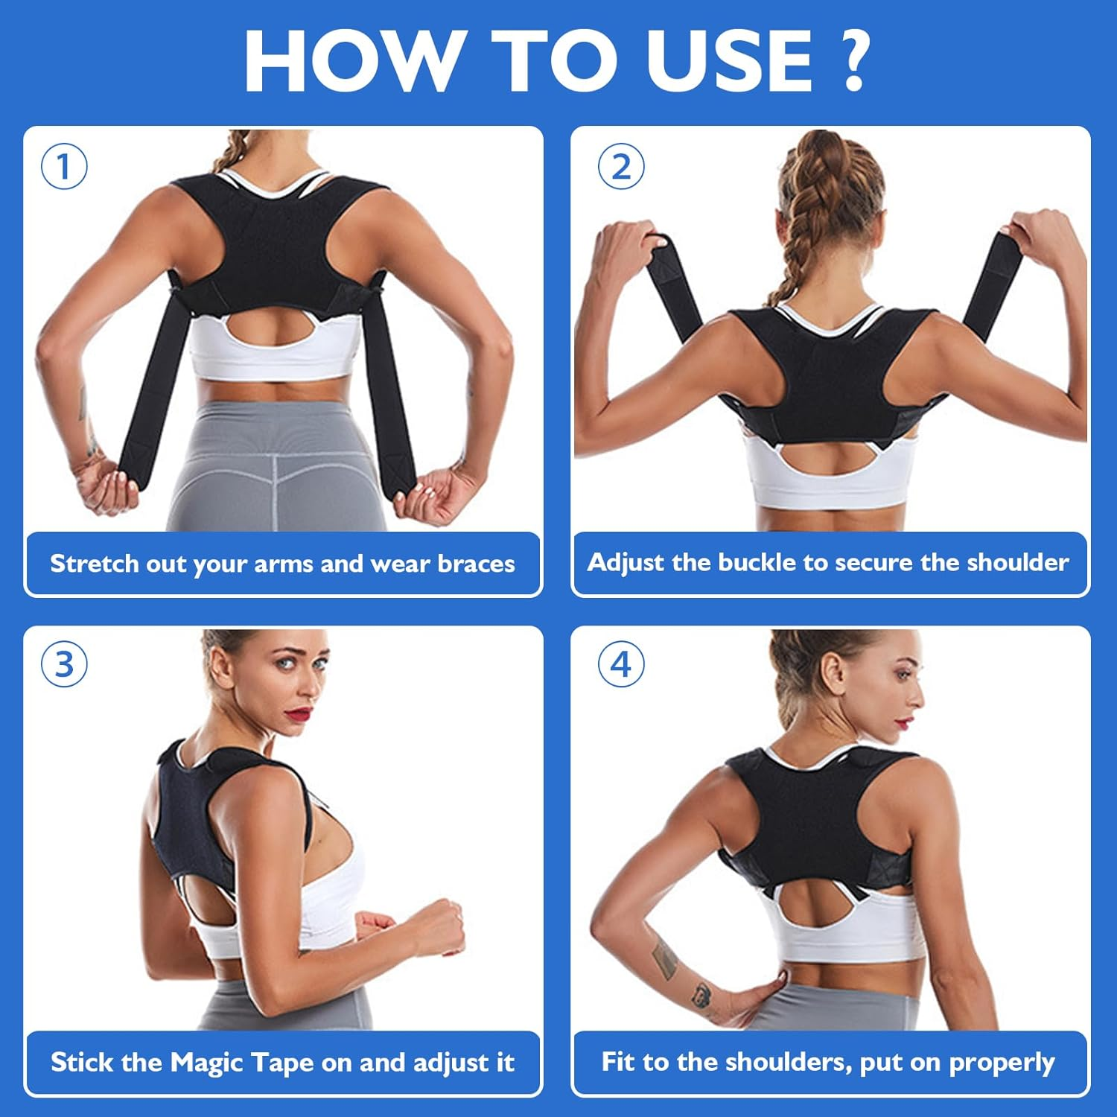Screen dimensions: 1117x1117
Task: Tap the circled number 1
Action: point(64,166)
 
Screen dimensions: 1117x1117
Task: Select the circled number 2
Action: point(621,166)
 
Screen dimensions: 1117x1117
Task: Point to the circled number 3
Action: point(64,664)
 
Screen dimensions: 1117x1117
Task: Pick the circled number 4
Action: point(621,664)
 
